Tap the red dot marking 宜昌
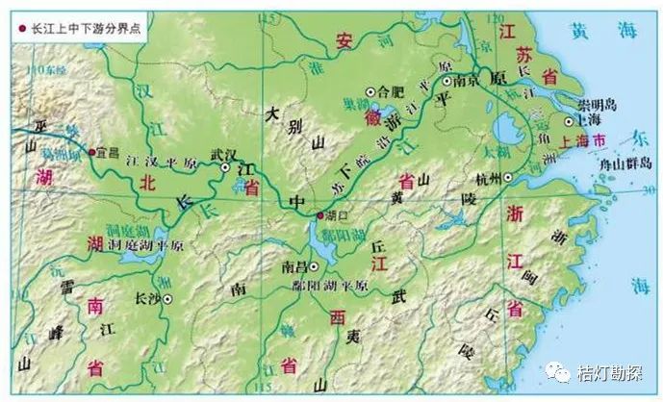pyautogui.click(x=91, y=152)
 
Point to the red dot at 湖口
pyautogui.click(x=320, y=216)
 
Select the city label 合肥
pyautogui.click(x=391, y=92)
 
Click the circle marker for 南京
pyautogui.click(x=448, y=82)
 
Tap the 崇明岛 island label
pyautogui.click(x=597, y=104)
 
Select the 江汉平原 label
pyautogui.click(x=153, y=168)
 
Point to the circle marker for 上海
pyautogui.click(x=570, y=122)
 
